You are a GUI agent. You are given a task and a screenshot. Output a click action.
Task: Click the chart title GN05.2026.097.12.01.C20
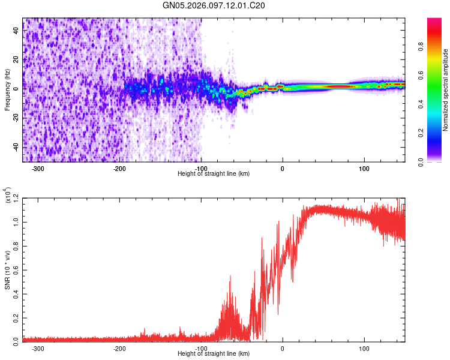click(x=214, y=6)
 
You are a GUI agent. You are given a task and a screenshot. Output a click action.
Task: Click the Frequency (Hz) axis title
click(x=7, y=89)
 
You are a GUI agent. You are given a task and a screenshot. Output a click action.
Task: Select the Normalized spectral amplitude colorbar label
click(x=446, y=90)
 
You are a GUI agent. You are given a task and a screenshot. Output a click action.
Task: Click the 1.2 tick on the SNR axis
click(x=16, y=197)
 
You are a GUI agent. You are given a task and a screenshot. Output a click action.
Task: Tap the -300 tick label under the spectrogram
click(x=38, y=169)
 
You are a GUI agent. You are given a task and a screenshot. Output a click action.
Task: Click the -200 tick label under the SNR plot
click(x=119, y=347)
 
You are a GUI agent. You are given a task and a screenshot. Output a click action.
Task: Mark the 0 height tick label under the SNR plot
click(x=283, y=347)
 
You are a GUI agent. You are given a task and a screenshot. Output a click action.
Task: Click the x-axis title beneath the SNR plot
click(x=214, y=354)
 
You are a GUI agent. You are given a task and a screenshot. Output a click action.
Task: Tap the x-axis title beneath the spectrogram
click(x=214, y=174)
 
